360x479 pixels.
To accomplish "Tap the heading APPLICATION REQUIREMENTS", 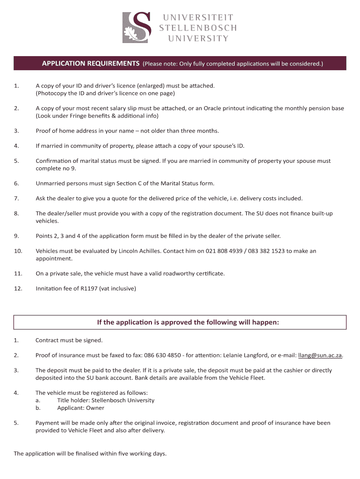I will [x=91, y=63].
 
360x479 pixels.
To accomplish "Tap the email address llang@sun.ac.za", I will [x=320, y=356].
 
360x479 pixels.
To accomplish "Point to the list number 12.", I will [x=18, y=289].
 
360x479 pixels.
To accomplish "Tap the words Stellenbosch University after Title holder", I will [x=123, y=400].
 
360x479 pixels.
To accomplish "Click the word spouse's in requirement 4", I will [x=217, y=146].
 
